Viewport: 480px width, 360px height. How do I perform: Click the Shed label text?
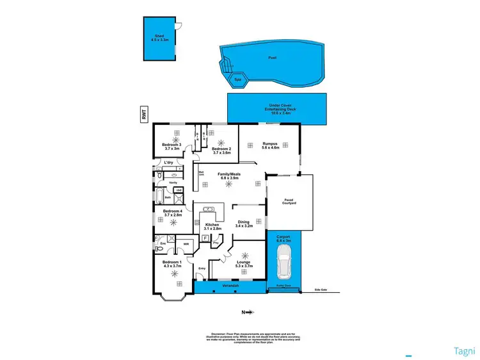[x=159, y=37]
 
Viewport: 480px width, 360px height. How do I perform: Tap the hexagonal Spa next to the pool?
[x=238, y=79]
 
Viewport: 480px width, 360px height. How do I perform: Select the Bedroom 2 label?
[x=221, y=151]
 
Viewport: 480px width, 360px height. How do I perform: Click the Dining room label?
[x=244, y=224]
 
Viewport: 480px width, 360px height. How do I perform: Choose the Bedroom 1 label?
[x=172, y=264]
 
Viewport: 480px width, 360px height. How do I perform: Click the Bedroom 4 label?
[x=172, y=213]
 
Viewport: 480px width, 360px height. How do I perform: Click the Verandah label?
[x=229, y=286]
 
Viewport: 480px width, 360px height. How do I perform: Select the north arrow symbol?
[x=248, y=313]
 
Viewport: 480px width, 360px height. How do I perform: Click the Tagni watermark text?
[x=464, y=350]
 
